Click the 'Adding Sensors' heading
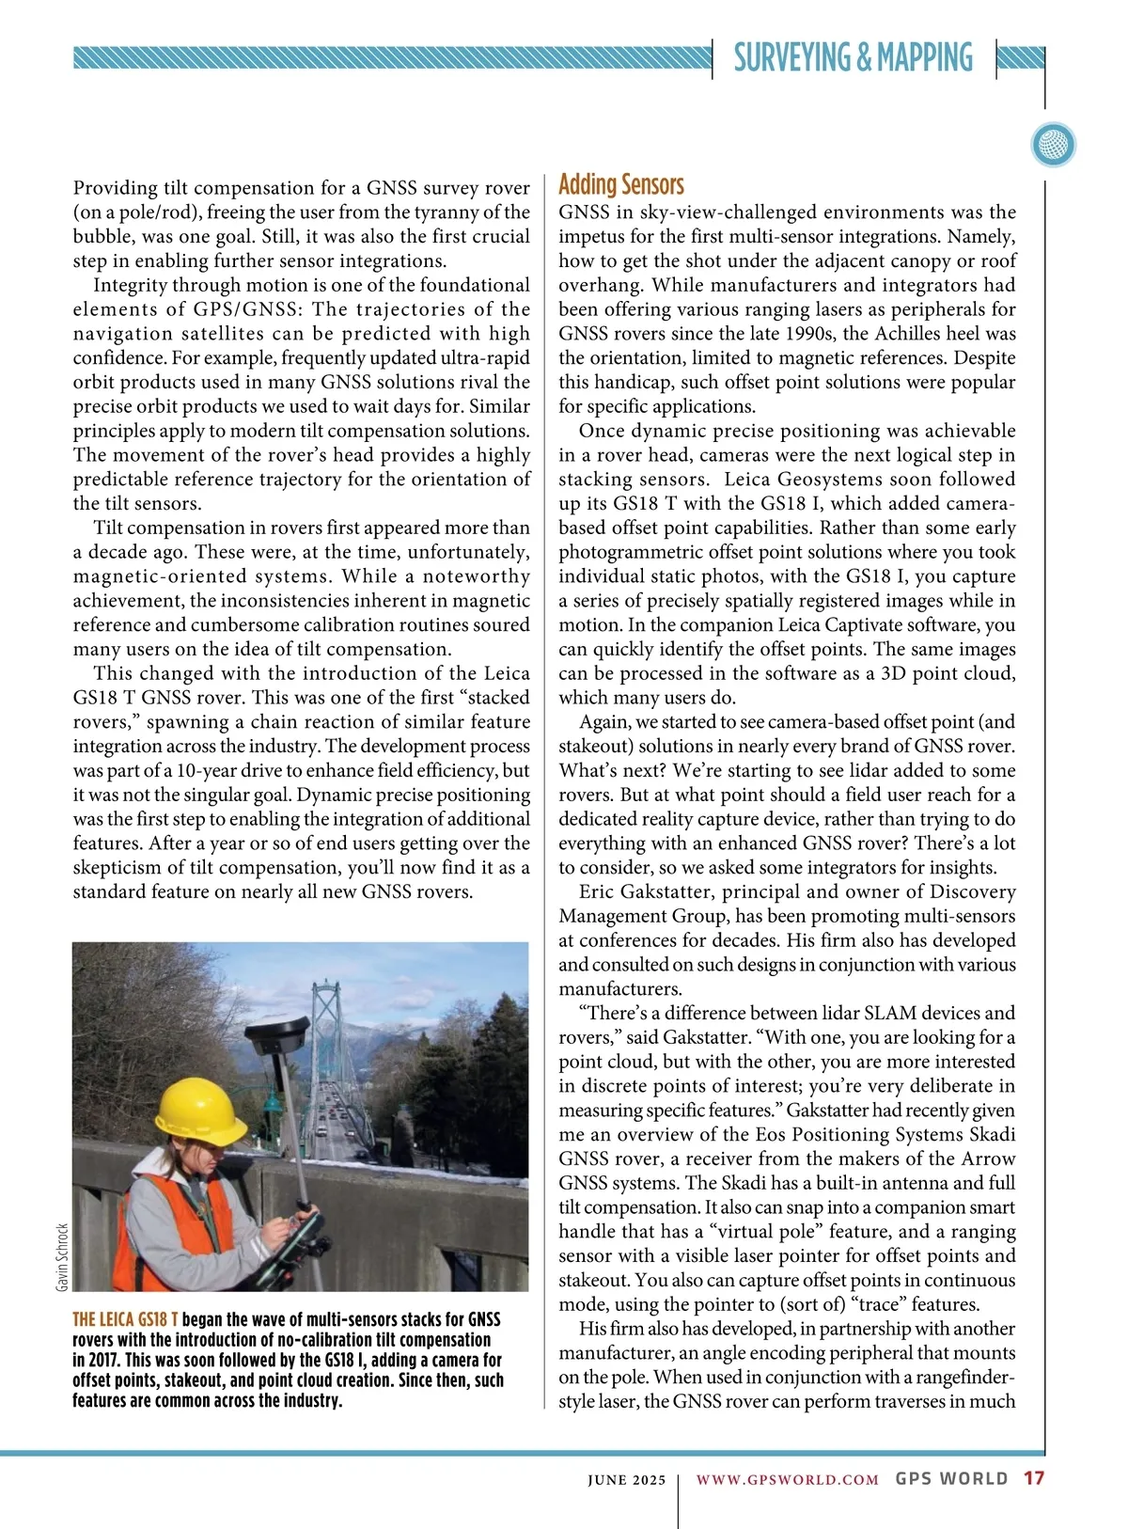(621, 184)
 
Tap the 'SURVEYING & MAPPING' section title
(853, 58)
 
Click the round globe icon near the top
(1053, 146)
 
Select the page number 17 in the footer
(1034, 1478)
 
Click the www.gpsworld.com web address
(787, 1479)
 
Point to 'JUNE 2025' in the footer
(626, 1479)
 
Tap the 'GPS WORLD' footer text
(951, 1478)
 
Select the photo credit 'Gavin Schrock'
(62, 1256)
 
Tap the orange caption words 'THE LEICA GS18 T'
(125, 1320)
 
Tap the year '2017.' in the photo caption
(95, 1360)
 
